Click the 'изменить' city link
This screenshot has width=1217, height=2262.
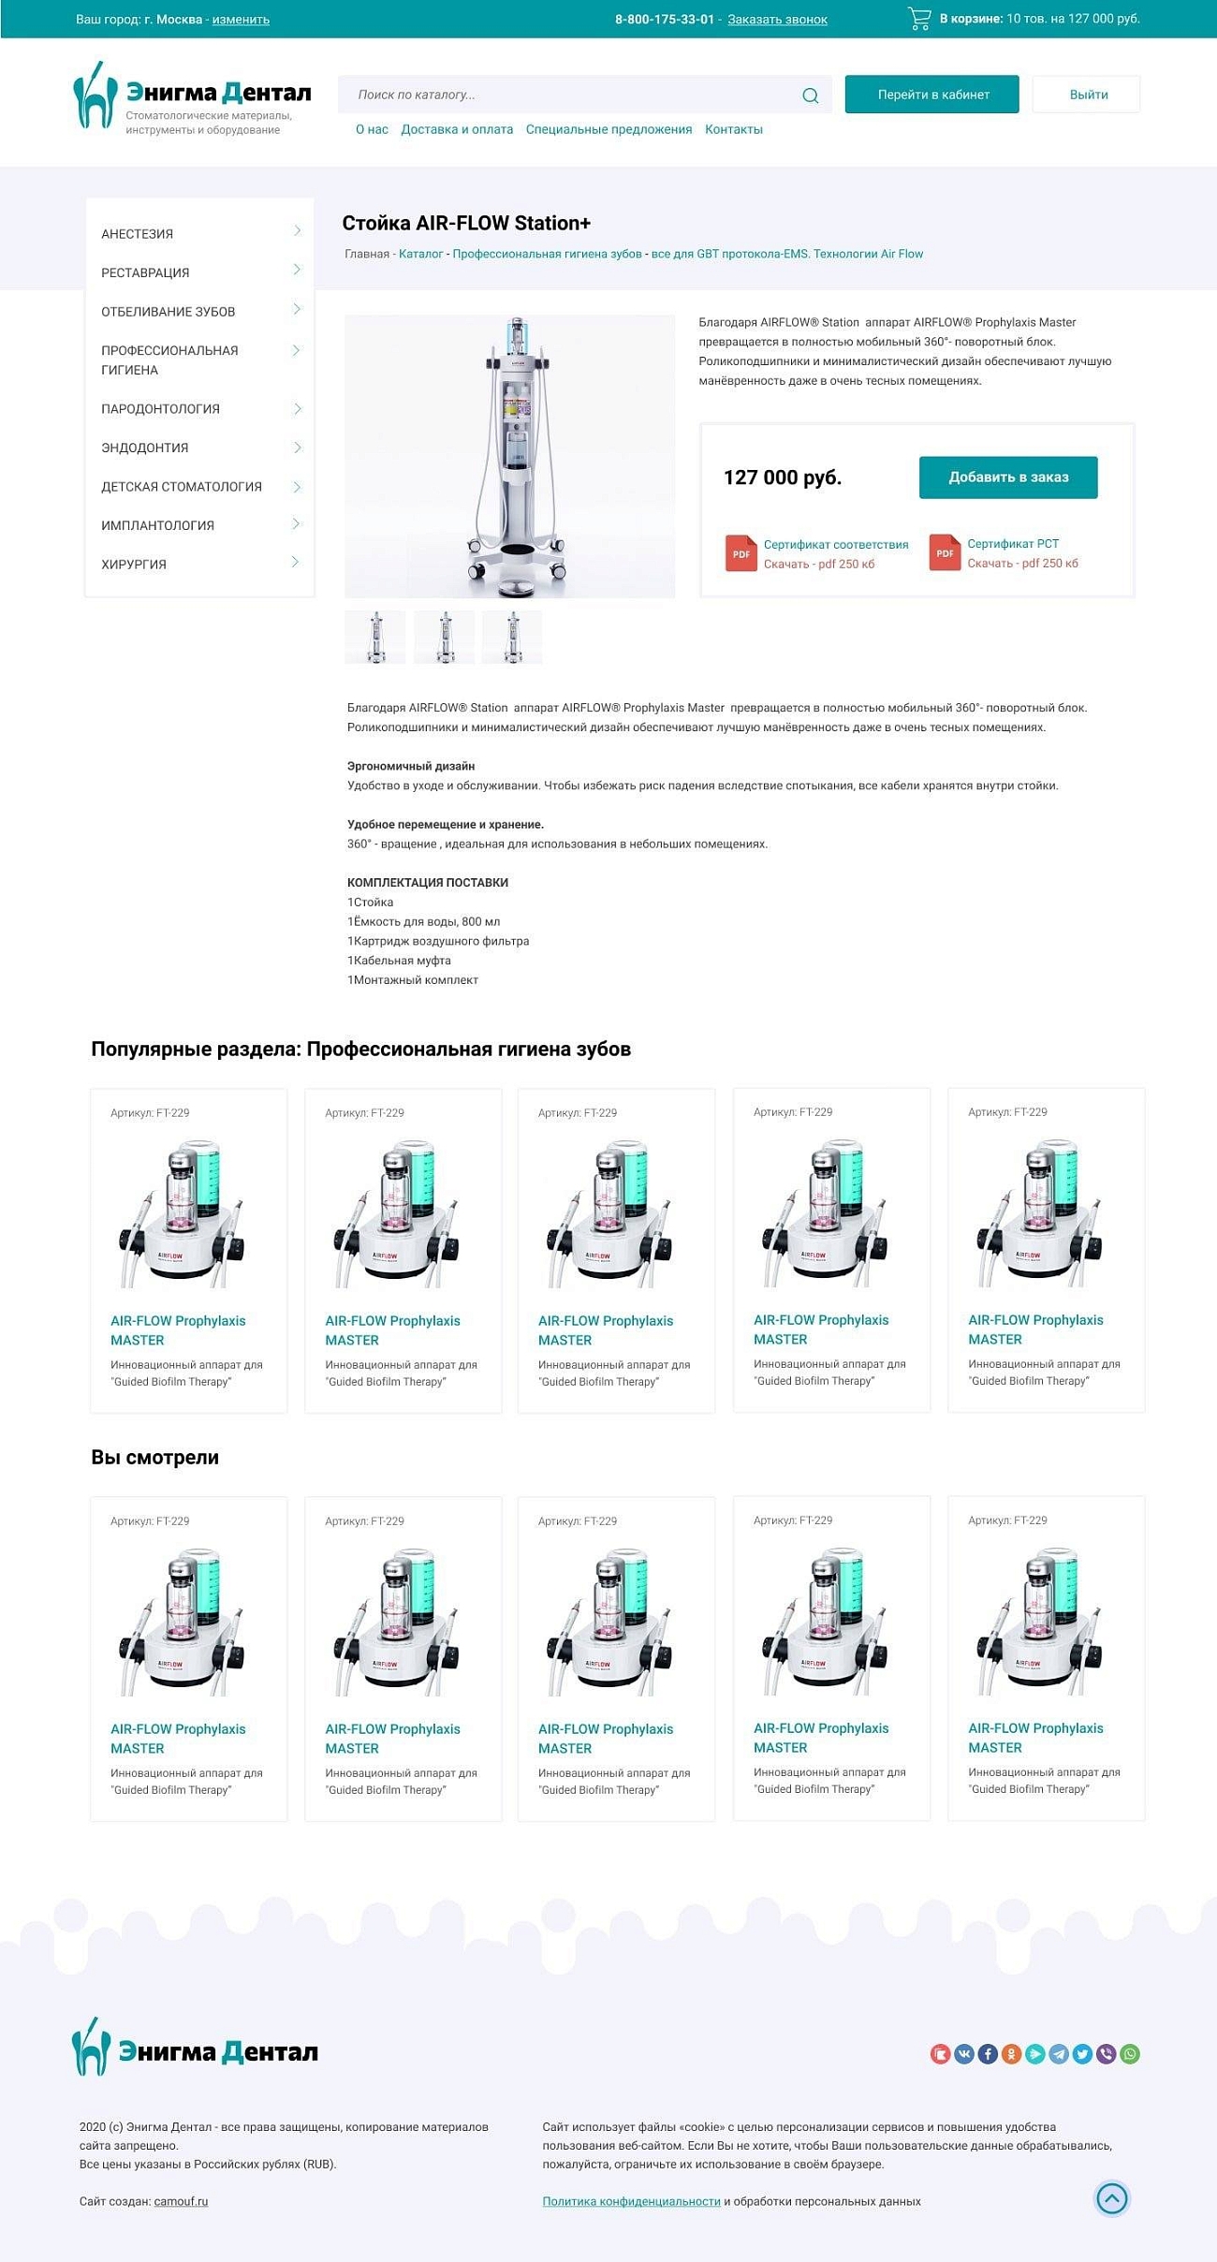point(241,20)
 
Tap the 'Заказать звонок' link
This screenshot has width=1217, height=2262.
point(777,20)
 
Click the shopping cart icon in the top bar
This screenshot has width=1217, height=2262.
point(919,19)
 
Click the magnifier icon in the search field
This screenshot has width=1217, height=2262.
point(810,95)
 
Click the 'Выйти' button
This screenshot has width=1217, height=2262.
point(1088,95)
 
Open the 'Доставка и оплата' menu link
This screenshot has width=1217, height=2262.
point(457,129)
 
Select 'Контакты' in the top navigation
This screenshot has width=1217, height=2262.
point(733,129)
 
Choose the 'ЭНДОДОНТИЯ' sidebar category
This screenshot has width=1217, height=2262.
point(145,448)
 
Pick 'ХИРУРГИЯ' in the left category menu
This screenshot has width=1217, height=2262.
point(134,565)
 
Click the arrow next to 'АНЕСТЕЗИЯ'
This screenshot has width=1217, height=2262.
point(297,231)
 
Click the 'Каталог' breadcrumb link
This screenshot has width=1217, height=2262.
point(420,254)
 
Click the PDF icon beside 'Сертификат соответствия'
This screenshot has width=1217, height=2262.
point(740,552)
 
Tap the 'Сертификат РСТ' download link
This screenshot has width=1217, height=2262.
point(1013,544)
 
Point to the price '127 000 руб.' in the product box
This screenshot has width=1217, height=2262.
point(782,477)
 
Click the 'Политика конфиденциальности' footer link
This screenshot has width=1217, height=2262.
point(631,2201)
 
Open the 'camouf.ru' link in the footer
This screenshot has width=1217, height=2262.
point(181,2201)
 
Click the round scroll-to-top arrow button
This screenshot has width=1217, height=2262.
point(1111,2197)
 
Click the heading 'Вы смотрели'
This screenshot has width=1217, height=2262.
point(154,1457)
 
